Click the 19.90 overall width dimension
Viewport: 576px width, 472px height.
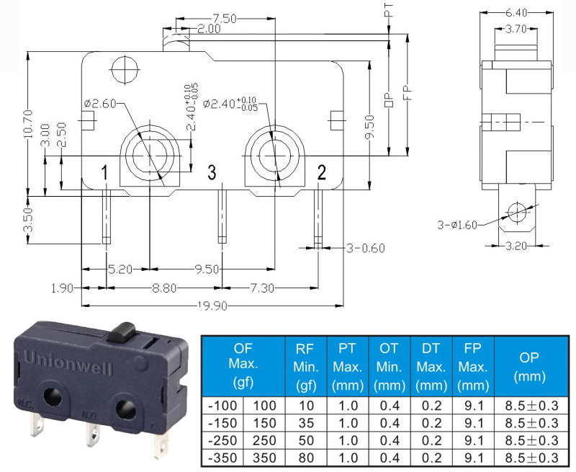(212, 306)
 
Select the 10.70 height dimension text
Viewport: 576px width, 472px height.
(28, 124)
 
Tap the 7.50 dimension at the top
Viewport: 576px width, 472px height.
(224, 19)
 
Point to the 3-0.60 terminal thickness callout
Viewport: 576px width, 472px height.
(366, 249)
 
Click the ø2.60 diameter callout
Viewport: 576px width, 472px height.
(100, 104)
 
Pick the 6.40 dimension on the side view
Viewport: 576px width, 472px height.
(516, 13)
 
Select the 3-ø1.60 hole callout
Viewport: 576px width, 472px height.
(457, 225)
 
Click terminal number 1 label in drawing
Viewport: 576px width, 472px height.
(104, 172)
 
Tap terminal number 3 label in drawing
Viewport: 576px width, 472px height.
(212, 172)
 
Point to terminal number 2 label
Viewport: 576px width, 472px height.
(321, 172)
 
